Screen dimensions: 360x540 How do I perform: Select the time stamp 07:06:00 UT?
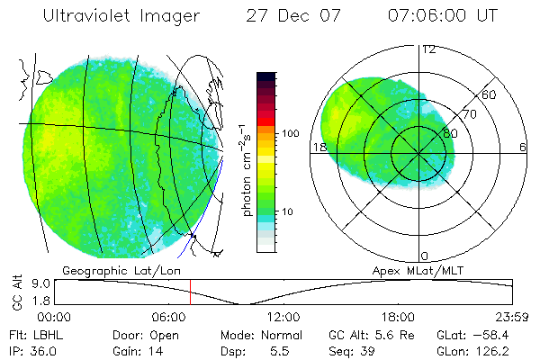[x=444, y=15]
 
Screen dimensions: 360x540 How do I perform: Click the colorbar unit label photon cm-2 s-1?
[x=246, y=171]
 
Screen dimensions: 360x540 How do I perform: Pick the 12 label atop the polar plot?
[x=428, y=49]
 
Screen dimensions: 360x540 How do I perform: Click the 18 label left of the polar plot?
[x=318, y=147]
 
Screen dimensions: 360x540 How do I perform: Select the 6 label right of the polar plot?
[x=523, y=147]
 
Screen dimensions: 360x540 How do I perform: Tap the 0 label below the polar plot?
[x=425, y=256]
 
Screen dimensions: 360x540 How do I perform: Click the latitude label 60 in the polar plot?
[x=490, y=94]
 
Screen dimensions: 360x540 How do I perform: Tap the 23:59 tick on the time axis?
[x=510, y=317]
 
